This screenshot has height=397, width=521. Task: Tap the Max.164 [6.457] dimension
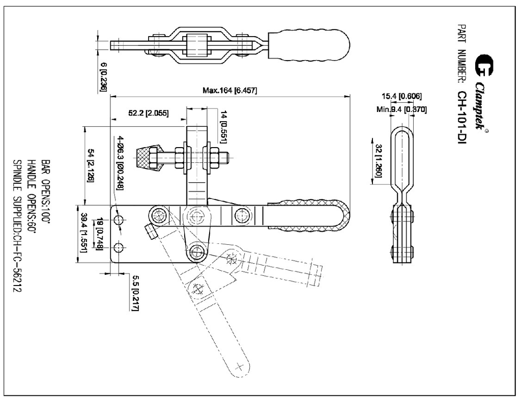point(229,91)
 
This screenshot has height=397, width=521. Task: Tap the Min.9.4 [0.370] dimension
point(401,109)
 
